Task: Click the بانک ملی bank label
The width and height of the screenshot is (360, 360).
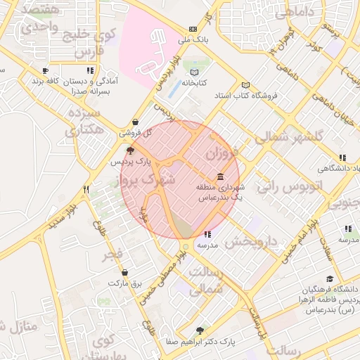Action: click(194, 40)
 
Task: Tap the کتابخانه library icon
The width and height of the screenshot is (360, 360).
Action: click(195, 72)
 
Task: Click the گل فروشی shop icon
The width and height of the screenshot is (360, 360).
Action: click(135, 122)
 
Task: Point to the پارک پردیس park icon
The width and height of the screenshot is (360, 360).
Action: click(130, 150)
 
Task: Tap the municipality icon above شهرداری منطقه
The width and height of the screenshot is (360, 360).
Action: click(221, 176)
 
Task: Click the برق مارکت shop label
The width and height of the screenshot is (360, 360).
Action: click(125, 283)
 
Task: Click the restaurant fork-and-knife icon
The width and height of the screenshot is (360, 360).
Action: click(86, 188)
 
